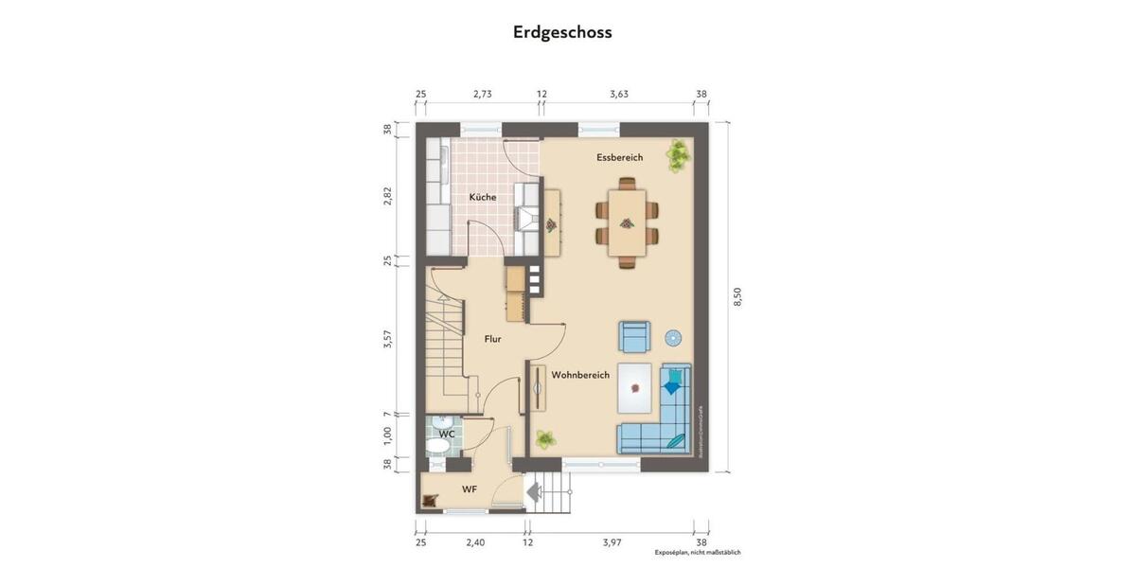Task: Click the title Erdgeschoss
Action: pyautogui.click(x=562, y=32)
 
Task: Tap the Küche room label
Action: pyautogui.click(x=482, y=197)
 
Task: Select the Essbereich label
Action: pyautogui.click(x=619, y=157)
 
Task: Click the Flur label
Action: pyautogui.click(x=492, y=338)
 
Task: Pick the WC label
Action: pyautogui.click(x=447, y=434)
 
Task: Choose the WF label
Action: pyautogui.click(x=469, y=489)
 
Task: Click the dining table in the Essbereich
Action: pyautogui.click(x=626, y=222)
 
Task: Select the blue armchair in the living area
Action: pyautogui.click(x=634, y=335)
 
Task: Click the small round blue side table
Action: pyautogui.click(x=673, y=337)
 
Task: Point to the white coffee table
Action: pyautogui.click(x=637, y=388)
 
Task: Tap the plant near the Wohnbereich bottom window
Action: pyautogui.click(x=544, y=438)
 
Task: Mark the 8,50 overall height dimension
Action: pyautogui.click(x=737, y=296)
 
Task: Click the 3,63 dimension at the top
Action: pyautogui.click(x=619, y=94)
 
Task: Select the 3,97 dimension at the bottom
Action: pyautogui.click(x=612, y=542)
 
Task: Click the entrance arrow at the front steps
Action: pyautogui.click(x=533, y=491)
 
